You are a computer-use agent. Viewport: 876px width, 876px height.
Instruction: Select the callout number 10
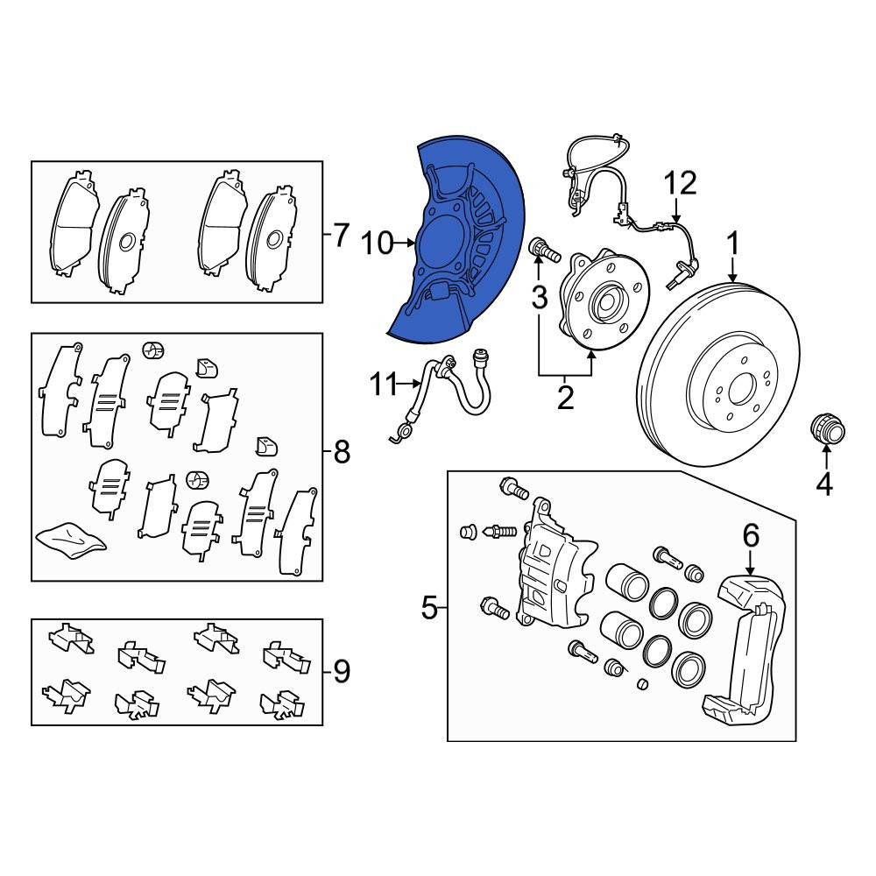pos(377,244)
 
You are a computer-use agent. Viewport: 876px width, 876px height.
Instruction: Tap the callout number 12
pos(681,184)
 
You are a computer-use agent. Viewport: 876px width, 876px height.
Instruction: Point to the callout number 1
pos(732,244)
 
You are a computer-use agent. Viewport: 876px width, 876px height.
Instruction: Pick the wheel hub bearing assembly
pos(604,299)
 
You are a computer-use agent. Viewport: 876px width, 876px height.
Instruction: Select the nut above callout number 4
pos(828,428)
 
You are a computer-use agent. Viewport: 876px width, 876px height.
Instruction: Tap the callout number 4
pos(824,484)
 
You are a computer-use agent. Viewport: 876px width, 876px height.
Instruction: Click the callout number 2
pos(565,398)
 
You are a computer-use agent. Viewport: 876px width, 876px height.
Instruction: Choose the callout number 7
pos(341,235)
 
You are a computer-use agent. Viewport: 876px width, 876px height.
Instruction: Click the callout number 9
pos(342,671)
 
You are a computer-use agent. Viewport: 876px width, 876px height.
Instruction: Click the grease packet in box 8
pos(71,539)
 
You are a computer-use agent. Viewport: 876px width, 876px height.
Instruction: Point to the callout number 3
pos(539,298)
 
